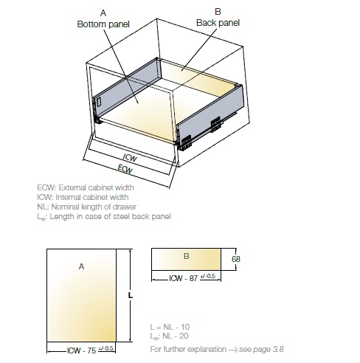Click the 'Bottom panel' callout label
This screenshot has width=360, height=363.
(x=103, y=24)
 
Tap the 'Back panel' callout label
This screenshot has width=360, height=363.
(x=218, y=23)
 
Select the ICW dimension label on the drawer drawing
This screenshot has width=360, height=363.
(x=130, y=157)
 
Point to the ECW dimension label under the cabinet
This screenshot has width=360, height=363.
(x=125, y=169)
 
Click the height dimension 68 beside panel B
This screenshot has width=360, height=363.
(x=236, y=259)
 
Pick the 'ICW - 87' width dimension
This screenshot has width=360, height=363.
(x=184, y=278)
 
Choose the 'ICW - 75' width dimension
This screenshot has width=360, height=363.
(x=81, y=350)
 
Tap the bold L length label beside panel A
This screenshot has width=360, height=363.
(x=131, y=295)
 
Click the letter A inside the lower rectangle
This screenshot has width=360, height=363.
(x=81, y=266)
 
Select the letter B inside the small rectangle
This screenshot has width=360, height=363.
(x=187, y=256)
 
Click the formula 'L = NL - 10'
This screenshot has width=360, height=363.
(x=170, y=327)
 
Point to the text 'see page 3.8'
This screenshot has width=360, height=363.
(x=261, y=349)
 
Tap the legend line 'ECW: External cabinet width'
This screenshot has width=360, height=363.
(x=86, y=187)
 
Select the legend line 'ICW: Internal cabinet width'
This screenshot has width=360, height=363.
(x=83, y=197)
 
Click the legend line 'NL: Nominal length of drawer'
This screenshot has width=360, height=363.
(x=86, y=207)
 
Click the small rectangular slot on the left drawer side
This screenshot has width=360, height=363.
(x=99, y=102)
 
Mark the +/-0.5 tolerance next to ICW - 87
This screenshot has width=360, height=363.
(x=208, y=276)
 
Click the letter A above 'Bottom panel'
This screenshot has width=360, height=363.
(x=103, y=13)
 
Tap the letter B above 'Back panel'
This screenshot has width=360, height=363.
(x=218, y=12)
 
